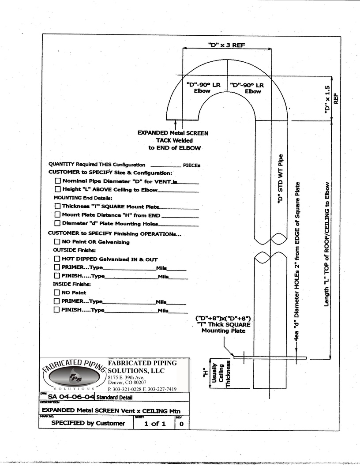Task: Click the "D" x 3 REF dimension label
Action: pos(227,45)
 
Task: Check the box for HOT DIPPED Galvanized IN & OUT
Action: pos(57,259)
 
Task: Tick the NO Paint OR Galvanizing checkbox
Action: pos(57,242)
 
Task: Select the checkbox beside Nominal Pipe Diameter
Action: pos(58,180)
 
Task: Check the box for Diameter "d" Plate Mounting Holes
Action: pos(57,223)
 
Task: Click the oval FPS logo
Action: pos(75,376)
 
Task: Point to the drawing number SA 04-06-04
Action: pos(71,397)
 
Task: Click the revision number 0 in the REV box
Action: pos(181,424)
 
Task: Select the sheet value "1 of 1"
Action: pos(155,424)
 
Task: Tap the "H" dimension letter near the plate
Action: pos(205,373)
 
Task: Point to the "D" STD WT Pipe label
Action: pos(280,179)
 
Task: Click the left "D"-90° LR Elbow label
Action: pos(203,88)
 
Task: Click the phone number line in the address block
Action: pos(142,389)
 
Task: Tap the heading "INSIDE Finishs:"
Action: pos(72,284)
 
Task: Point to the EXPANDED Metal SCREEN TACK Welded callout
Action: pos(173,140)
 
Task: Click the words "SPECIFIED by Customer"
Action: pos(88,423)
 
